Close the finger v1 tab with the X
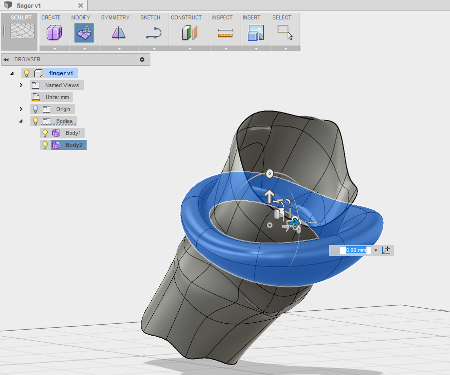81,5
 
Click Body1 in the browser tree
73,133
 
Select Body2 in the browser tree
73,145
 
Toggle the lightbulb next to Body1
45,133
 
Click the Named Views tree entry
62,85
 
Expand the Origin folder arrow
21,109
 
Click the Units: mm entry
57,97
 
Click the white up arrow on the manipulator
269,195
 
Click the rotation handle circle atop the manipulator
269,174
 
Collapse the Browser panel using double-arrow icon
6,59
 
